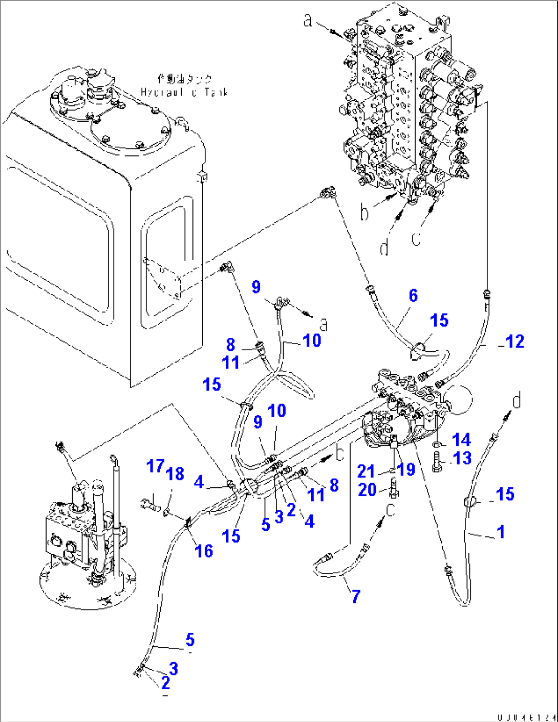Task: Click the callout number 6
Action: pos(413,296)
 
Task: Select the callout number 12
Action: pos(514,342)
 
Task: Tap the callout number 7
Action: pos(356,596)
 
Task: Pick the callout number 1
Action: pos(501,532)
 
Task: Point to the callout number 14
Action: pos(461,440)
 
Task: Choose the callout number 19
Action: pos(406,469)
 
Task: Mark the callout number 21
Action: pos(366,471)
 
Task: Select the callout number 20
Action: pos(368,490)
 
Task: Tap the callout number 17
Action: pos(155,466)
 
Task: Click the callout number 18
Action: pos(175,473)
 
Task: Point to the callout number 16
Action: pos(204,551)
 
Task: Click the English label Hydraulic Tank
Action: pos(184,93)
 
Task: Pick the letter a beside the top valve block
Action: pos(308,20)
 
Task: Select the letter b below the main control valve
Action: pos(364,212)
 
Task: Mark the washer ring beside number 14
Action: pos(438,443)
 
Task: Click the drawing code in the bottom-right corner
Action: pos(526,717)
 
